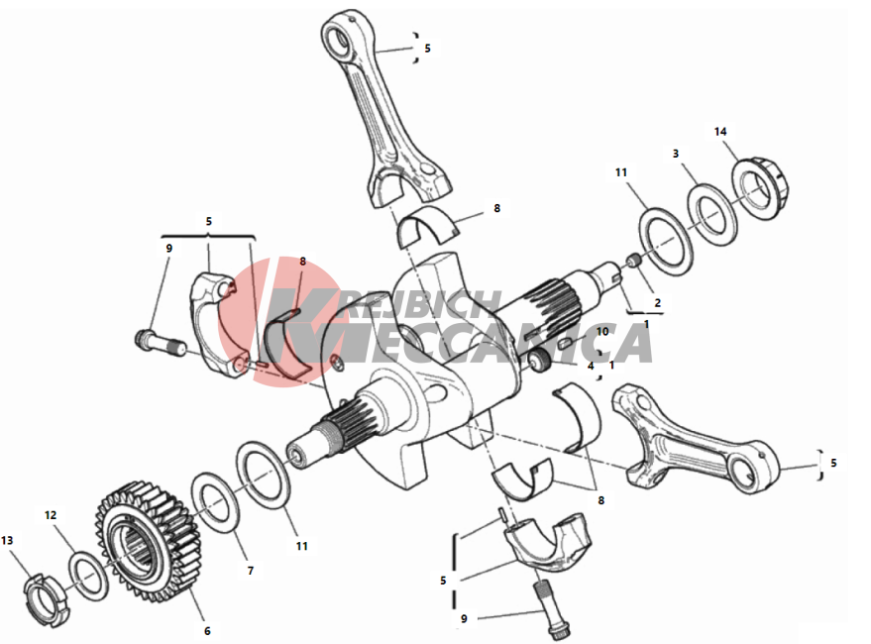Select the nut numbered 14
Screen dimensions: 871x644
coord(759,189)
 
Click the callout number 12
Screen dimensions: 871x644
coord(51,515)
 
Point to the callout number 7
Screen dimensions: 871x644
coord(251,570)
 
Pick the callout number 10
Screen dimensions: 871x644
coord(602,332)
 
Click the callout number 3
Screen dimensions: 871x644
coord(676,154)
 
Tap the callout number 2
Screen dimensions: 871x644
coord(658,303)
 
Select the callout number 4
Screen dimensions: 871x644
coord(591,366)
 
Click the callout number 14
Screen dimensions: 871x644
coord(720,132)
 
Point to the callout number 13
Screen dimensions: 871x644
coord(7,540)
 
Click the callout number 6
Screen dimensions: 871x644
coord(207,631)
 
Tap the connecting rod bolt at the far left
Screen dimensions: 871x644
coord(160,342)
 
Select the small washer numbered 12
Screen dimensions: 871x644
coord(89,576)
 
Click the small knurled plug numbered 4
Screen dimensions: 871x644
coord(539,361)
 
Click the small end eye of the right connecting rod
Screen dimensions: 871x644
coord(749,472)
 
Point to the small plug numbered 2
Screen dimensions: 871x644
coord(634,260)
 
